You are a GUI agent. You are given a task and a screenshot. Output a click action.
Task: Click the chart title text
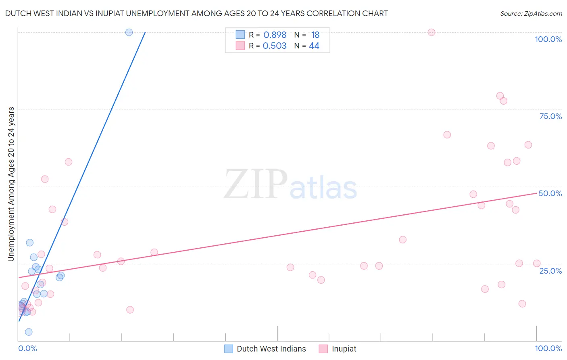click(196, 13)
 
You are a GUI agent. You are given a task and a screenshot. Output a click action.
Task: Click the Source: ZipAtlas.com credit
click(531, 13)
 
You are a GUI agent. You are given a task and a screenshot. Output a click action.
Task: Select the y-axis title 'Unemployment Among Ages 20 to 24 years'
click(11, 184)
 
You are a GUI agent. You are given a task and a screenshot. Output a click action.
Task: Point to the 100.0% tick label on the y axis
click(548, 39)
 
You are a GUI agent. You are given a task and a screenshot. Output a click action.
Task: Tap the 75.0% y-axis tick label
click(550, 116)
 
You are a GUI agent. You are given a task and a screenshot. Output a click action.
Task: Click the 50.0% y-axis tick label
click(550, 193)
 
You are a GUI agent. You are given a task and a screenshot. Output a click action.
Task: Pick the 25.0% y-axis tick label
click(550, 270)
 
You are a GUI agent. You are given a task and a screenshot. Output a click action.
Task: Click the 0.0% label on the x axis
click(27, 348)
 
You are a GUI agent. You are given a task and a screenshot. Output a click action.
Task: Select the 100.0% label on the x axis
click(548, 348)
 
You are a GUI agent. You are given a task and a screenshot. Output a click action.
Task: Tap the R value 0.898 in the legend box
click(275, 35)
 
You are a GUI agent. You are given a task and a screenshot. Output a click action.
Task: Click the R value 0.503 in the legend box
click(275, 46)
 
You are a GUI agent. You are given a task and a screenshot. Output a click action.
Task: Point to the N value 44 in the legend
click(314, 46)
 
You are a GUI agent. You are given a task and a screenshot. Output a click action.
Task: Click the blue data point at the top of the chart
click(129, 32)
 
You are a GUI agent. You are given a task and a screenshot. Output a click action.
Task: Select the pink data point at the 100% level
click(432, 32)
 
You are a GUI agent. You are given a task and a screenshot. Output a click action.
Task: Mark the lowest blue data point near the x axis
click(29, 332)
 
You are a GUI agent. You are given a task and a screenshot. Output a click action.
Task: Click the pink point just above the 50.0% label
click(473, 194)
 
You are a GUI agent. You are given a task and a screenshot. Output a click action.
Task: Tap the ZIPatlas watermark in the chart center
click(290, 185)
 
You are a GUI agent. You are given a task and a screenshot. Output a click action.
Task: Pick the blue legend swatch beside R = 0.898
click(240, 35)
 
